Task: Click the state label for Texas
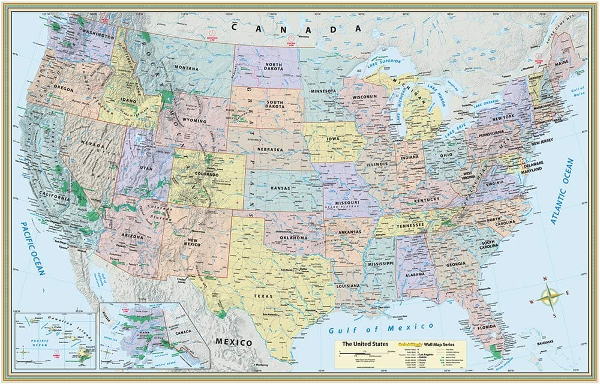click(263, 296)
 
